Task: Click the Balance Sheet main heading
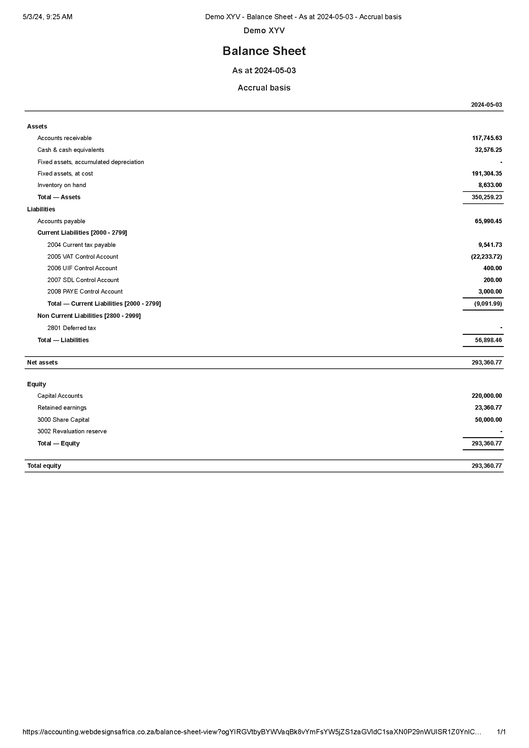264,51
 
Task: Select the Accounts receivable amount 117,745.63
487,138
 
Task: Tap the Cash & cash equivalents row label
71,150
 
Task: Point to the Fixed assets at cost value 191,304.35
487,174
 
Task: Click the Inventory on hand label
61,185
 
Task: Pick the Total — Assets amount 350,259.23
487,197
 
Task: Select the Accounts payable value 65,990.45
488,221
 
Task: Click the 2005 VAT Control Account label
83,257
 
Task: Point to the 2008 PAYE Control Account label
85,292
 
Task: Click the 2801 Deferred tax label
71,328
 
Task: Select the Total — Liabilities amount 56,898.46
488,340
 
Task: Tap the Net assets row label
42,363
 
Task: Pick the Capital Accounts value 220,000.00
487,396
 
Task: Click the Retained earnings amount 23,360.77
488,407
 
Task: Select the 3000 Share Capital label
63,420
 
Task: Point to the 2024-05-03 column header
486,105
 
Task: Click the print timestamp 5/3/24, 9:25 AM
48,17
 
